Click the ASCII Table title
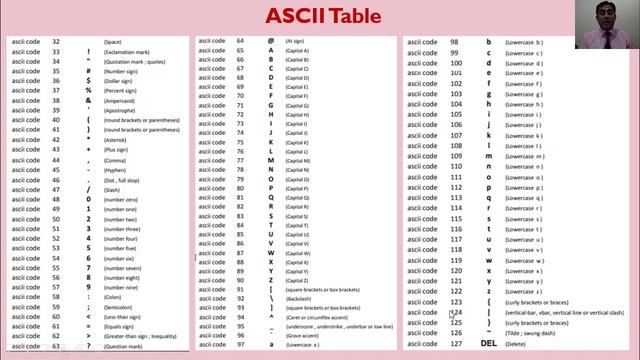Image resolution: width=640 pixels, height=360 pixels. point(324,16)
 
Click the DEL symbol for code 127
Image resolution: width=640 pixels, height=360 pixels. point(488,343)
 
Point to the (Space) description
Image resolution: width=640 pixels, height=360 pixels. point(112,41)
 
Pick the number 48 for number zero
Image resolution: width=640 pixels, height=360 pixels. point(56,198)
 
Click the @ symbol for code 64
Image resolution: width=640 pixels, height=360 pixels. point(271,41)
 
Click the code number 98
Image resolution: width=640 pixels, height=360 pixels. point(455,43)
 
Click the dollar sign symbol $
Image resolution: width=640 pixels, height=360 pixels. point(88,80)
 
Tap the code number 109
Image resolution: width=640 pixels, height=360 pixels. point(456,155)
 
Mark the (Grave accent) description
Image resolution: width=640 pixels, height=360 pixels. point(301,335)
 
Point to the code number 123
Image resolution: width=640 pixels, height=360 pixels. point(456,301)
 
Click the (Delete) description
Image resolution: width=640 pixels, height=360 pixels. point(515,343)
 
